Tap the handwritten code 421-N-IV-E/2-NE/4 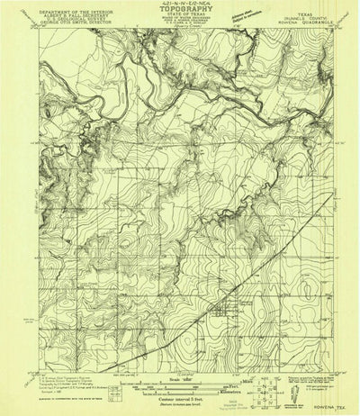coord(179,6)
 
